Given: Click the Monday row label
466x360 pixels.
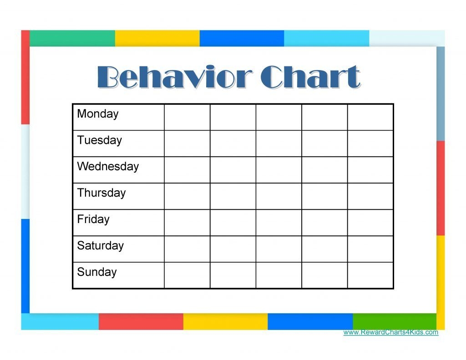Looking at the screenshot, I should [97, 114].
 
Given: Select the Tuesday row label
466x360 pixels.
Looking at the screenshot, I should [99, 140].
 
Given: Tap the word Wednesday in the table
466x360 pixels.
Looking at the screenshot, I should [107, 167].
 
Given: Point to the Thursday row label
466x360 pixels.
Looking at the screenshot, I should [101, 193].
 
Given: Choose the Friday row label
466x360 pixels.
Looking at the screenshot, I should [93, 219].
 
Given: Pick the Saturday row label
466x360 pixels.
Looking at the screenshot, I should [100, 246].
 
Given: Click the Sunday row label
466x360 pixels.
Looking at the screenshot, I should [96, 272].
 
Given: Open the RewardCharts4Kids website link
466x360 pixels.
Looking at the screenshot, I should [390, 332].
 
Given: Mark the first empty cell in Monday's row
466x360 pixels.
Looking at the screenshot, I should [187, 117].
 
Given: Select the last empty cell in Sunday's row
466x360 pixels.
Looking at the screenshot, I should [370, 275].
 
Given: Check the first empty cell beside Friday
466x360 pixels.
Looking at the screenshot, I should [187, 223].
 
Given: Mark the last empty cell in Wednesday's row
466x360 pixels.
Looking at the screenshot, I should [370, 170].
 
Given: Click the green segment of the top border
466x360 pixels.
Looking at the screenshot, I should [72, 38].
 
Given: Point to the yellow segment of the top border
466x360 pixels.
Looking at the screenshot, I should [157, 38].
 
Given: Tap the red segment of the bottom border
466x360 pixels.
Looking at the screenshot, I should [141, 321].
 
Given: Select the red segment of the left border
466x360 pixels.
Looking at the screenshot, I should [25, 77].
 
